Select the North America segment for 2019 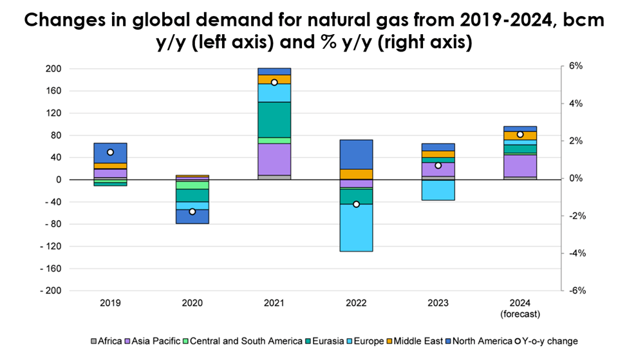click(110, 153)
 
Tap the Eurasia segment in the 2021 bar click(274, 119)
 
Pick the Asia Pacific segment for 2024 click(520, 166)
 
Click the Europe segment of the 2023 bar click(438, 190)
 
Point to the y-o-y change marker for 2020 click(192, 211)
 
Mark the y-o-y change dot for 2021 click(274, 82)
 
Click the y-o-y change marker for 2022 click(356, 204)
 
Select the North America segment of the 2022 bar click(356, 154)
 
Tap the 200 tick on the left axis click(53, 69)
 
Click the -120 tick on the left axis click(51, 247)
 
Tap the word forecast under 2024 click(521, 314)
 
